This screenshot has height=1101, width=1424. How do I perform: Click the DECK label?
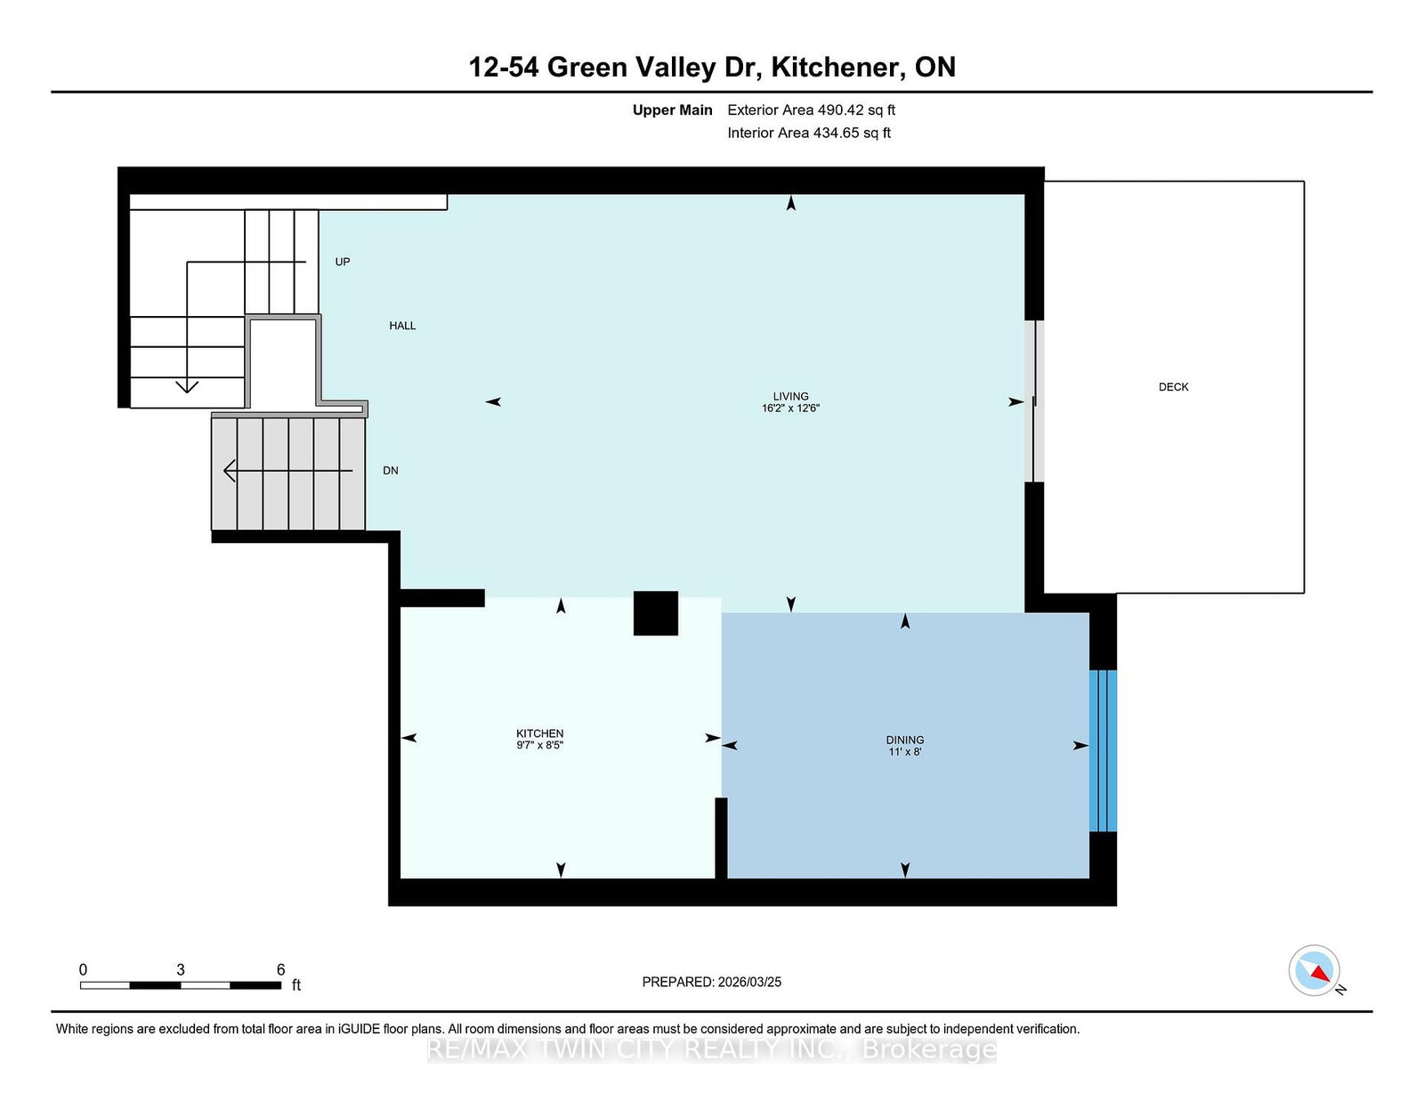coord(1173,386)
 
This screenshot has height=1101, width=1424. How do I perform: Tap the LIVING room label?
coord(790,396)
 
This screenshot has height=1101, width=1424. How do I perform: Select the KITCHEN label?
coord(539,733)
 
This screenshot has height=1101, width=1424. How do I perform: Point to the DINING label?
coord(905,740)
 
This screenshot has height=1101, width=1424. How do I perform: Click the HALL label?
coord(402,326)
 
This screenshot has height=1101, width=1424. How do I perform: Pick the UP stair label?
coord(342,262)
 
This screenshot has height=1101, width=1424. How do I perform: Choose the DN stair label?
coord(391,471)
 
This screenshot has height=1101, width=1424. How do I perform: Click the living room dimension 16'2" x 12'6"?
coord(790,408)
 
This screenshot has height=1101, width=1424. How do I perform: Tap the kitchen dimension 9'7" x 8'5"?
coord(539,745)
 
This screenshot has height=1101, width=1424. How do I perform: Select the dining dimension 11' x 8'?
coord(905,752)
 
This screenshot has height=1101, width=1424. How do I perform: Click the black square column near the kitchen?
coord(655,613)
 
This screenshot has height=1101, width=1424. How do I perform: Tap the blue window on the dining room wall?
coord(1103,750)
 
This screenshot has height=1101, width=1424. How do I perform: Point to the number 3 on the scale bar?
coord(180,969)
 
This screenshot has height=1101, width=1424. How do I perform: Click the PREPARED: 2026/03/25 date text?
coord(712,982)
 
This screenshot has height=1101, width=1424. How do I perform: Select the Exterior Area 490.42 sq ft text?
coord(812,110)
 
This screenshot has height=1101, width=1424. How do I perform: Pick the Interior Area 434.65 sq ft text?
coord(809,133)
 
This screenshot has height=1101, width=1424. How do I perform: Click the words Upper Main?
coord(672,110)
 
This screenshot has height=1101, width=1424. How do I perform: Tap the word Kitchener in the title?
coord(834,67)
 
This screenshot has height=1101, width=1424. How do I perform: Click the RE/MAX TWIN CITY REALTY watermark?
coord(712,1049)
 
